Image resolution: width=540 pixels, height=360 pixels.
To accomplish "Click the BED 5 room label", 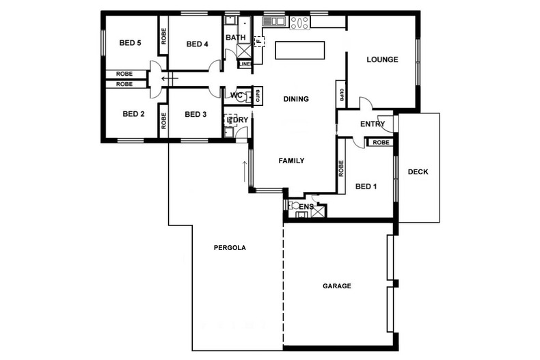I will pos(130,43).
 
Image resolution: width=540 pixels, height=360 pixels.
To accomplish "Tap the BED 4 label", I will pos(197,44).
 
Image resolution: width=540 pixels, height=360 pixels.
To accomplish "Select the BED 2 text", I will pos(133,114).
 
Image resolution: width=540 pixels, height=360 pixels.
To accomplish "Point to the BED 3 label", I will pos(195,114).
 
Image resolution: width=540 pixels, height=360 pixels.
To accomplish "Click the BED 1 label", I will pos(366,186).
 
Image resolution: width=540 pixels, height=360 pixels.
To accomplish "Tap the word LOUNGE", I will pos(382,59).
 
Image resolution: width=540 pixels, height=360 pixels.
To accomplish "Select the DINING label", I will pos(296,99).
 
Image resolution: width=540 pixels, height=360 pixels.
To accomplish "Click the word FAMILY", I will pos(291,161).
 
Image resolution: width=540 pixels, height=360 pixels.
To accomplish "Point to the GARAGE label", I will pos(337,286).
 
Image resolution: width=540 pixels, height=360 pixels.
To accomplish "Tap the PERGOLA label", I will pos(229,247).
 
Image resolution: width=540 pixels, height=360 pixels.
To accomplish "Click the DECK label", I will pos(418,172).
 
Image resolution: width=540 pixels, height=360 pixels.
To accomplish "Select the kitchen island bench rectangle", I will pos(299,51).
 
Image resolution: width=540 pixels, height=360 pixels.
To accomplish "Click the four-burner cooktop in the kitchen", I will pos(299,23).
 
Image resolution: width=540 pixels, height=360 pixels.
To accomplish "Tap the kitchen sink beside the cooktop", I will pos(274,22).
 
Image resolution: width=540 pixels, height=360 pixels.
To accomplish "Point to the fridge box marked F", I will pos(259,42).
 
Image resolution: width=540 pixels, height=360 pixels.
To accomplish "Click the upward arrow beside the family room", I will pos(244,168).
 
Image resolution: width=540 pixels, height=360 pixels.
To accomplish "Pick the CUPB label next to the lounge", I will pos(340,95).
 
